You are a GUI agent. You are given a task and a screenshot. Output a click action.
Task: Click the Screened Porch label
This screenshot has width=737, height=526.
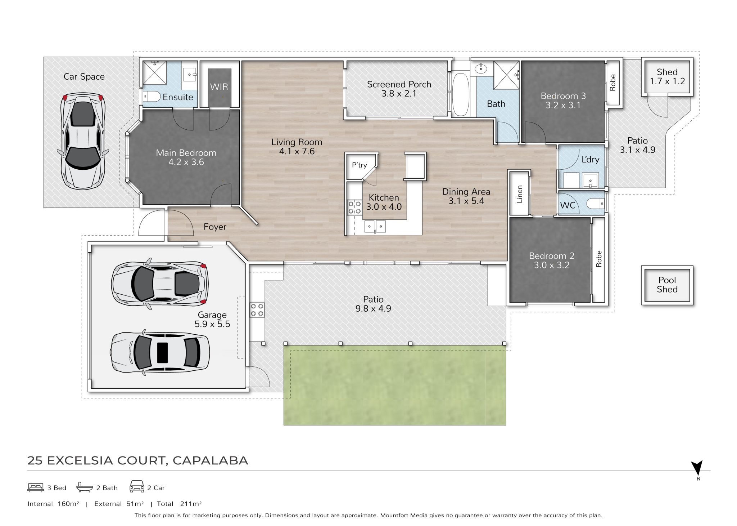pyautogui.click(x=399, y=84)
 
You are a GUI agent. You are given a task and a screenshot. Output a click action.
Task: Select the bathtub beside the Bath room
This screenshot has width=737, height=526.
pyautogui.click(x=460, y=94)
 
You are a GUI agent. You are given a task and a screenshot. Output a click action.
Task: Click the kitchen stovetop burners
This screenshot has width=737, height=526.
pyautogui.click(x=354, y=208)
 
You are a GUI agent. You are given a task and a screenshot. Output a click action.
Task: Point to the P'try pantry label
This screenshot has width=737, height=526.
pyautogui.click(x=359, y=165)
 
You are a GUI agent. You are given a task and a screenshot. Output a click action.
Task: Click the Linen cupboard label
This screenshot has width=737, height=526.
pyautogui.click(x=519, y=195)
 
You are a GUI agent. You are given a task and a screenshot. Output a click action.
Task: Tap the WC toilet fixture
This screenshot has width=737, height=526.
pyautogui.click(x=595, y=204)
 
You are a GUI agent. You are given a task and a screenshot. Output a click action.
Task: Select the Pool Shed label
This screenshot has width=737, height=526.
pyautogui.click(x=667, y=285)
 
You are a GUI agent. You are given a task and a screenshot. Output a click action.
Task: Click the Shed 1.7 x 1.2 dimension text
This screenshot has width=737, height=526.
pyautogui.click(x=667, y=81)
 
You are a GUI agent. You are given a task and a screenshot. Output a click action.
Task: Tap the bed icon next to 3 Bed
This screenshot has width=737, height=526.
pyautogui.click(x=36, y=487)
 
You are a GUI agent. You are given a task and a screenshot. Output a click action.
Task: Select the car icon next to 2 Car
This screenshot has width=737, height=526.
pyautogui.click(x=137, y=486)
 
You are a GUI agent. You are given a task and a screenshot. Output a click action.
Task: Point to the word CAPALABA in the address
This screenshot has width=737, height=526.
pyautogui.click(x=210, y=460)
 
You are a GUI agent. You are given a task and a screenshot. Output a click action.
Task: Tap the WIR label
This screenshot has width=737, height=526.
pyautogui.click(x=219, y=87)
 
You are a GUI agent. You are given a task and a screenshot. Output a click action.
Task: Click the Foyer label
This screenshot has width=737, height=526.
pyautogui.click(x=215, y=227)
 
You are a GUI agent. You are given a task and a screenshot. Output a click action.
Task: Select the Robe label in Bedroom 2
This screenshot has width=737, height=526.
pyautogui.click(x=599, y=259)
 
